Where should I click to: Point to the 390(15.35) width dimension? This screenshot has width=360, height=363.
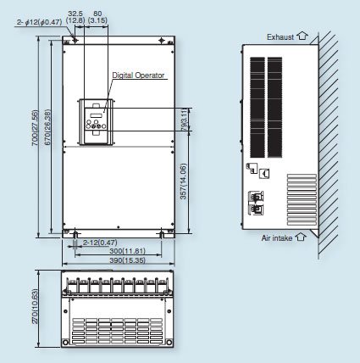point(117,260)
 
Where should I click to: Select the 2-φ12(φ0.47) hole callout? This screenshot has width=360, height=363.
point(36,27)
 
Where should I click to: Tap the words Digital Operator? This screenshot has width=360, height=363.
point(141,75)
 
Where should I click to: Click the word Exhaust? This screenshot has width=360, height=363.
point(280,37)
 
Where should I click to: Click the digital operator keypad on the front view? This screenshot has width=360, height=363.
point(93,120)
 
